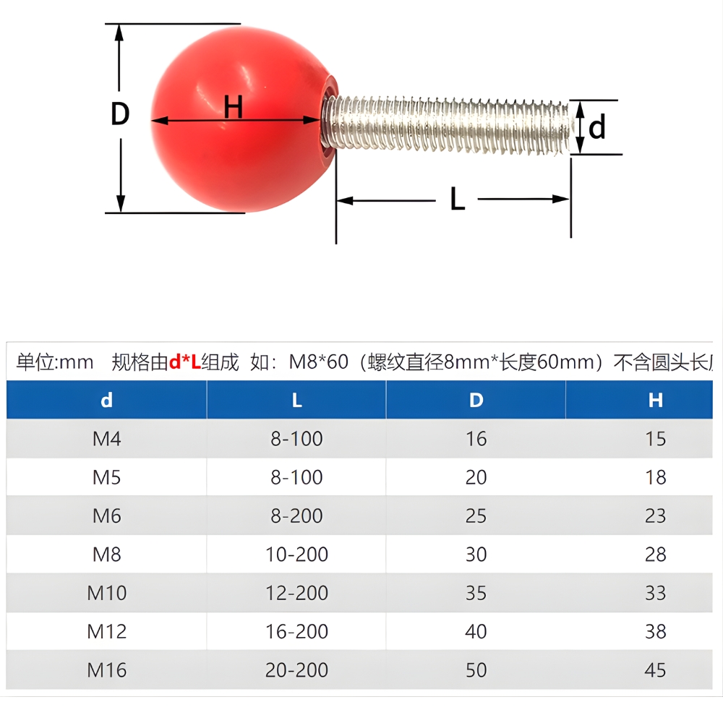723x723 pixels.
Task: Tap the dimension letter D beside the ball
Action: point(120,114)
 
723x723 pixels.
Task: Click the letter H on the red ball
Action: point(233,107)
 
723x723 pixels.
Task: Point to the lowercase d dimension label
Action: point(596,128)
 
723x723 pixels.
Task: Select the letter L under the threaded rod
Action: point(457,200)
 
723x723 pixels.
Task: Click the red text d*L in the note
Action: point(184,362)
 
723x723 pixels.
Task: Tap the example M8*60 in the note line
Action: point(318,362)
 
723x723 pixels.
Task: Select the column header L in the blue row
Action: point(296,401)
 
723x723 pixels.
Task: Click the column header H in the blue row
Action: point(655,401)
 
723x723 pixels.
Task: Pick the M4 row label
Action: point(106,439)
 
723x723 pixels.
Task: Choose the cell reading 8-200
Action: point(296,516)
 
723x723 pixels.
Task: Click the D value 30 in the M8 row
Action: point(476,555)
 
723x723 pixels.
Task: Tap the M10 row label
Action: point(106,593)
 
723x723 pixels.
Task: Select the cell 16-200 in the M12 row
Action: point(296,631)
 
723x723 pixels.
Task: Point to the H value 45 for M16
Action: point(655,670)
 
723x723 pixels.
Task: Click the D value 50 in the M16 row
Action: point(476,670)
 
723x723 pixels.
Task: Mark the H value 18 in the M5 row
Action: point(655,478)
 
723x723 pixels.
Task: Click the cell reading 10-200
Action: point(296,555)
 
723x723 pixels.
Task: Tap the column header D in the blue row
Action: point(476,401)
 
